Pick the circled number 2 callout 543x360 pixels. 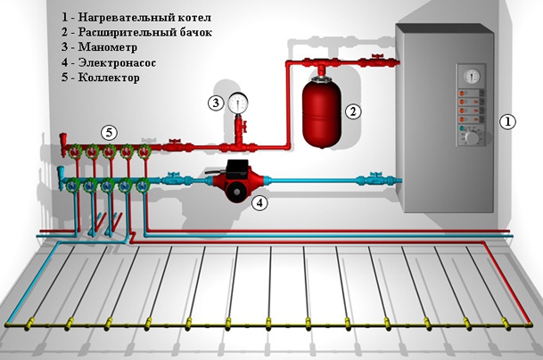(354, 111)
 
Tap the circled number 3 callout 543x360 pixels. (216, 102)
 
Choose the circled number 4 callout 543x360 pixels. (259, 203)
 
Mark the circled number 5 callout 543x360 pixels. (108, 132)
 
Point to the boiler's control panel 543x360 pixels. (469, 107)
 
